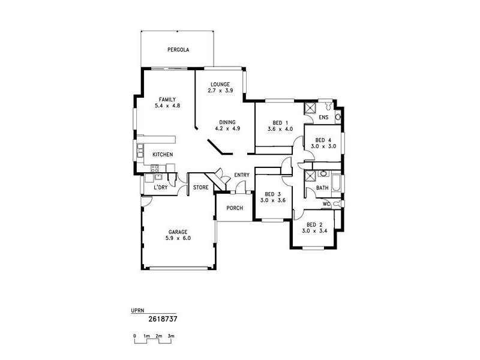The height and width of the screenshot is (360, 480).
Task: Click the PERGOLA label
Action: tap(178, 50)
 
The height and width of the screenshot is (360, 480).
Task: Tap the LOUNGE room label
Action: tap(220, 84)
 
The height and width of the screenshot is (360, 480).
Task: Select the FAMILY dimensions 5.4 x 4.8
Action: tap(167, 106)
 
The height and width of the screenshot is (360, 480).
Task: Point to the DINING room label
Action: tap(227, 122)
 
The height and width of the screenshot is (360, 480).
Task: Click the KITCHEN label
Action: tap(162, 155)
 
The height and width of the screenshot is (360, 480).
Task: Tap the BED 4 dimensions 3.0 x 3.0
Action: tap(323, 146)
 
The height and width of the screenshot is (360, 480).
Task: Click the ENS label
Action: tap(323, 118)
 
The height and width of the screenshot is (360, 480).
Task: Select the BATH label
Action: tap(322, 188)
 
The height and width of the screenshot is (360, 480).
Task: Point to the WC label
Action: tap(326, 204)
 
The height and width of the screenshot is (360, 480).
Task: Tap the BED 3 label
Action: tap(273, 194)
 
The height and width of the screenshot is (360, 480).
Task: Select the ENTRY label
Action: tap(242, 175)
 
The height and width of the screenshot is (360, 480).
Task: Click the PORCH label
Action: tap(234, 208)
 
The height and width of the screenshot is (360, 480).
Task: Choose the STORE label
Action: tap(200, 188)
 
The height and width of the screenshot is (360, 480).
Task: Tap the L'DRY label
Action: tap(160, 188)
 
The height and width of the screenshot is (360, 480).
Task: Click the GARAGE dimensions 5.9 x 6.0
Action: tap(178, 238)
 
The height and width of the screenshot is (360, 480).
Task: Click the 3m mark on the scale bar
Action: tap(171, 336)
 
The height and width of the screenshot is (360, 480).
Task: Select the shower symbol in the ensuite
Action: tap(310, 109)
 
